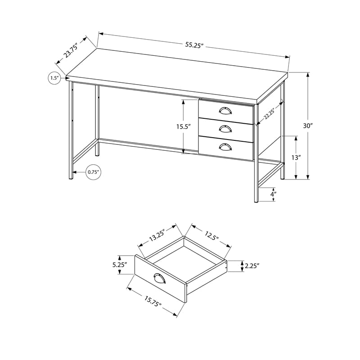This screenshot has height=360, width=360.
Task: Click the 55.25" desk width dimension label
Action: pos(194,45)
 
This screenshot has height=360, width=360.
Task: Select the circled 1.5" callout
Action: pos(54,78)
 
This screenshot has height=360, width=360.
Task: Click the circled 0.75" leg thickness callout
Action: pos(93,172)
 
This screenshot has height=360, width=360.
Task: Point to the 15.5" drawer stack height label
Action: pos(183,127)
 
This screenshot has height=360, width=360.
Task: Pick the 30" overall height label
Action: pos(308,126)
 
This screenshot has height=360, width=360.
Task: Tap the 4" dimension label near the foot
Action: pos(273,194)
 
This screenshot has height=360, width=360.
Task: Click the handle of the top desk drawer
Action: pos(225,111)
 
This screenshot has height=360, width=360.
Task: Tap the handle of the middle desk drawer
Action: pos(225,129)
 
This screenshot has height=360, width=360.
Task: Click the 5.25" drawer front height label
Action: pos(120,265)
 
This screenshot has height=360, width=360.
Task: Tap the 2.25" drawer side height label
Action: pos(252,266)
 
